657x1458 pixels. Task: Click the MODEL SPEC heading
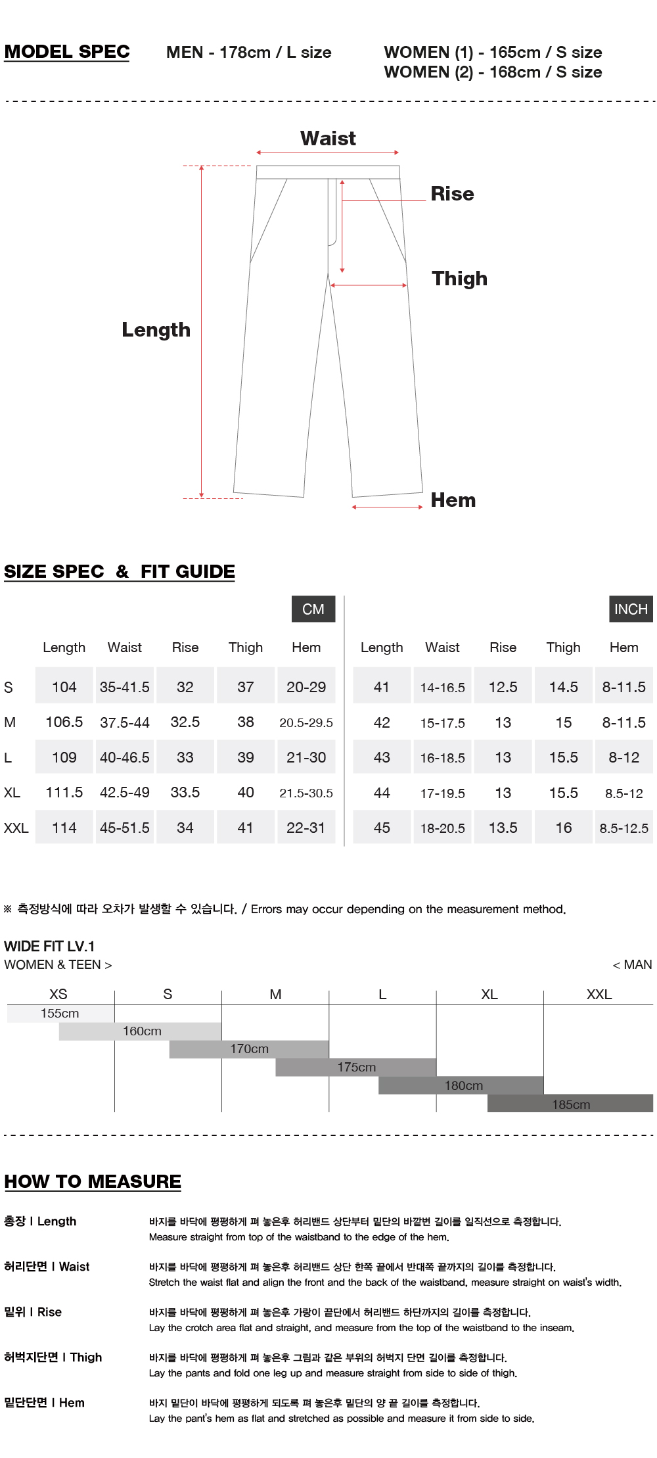tap(67, 52)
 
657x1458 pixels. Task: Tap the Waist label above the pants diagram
tap(328, 139)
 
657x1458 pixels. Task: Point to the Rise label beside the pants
tap(452, 194)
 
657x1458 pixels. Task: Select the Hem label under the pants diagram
tap(453, 500)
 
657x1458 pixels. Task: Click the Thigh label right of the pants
tap(459, 279)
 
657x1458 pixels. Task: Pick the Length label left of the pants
tap(156, 330)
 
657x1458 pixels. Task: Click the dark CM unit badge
tap(313, 609)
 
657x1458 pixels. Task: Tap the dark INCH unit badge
tap(631, 609)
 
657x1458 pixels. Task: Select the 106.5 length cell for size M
tap(64, 722)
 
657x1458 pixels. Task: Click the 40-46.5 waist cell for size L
tap(125, 758)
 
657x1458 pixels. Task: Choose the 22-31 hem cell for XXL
tap(306, 828)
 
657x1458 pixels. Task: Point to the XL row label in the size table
tap(12, 793)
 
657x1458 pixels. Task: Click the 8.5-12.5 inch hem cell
tap(623, 828)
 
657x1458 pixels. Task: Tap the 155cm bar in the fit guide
tap(60, 1014)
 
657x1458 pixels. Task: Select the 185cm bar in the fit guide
tap(570, 1104)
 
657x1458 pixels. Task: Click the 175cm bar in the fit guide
tap(356, 1068)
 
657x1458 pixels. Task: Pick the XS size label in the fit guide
tap(58, 995)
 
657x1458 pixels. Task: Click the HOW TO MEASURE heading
tap(93, 1181)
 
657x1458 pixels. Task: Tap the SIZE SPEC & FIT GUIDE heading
tap(120, 572)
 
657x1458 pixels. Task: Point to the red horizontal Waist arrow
tap(328, 153)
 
